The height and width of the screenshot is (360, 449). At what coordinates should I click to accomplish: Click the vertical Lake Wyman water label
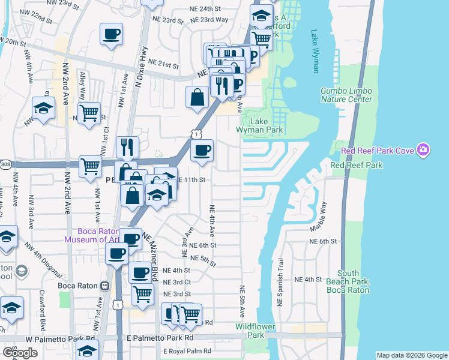[x=315, y=51]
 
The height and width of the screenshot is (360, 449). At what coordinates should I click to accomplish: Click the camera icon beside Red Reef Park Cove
[x=423, y=149]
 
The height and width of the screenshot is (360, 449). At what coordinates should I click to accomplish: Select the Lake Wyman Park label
[x=267, y=125]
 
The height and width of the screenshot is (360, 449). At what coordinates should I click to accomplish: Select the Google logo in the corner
[x=20, y=352]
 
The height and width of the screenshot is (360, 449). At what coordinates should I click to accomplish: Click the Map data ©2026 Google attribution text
[x=411, y=355]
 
